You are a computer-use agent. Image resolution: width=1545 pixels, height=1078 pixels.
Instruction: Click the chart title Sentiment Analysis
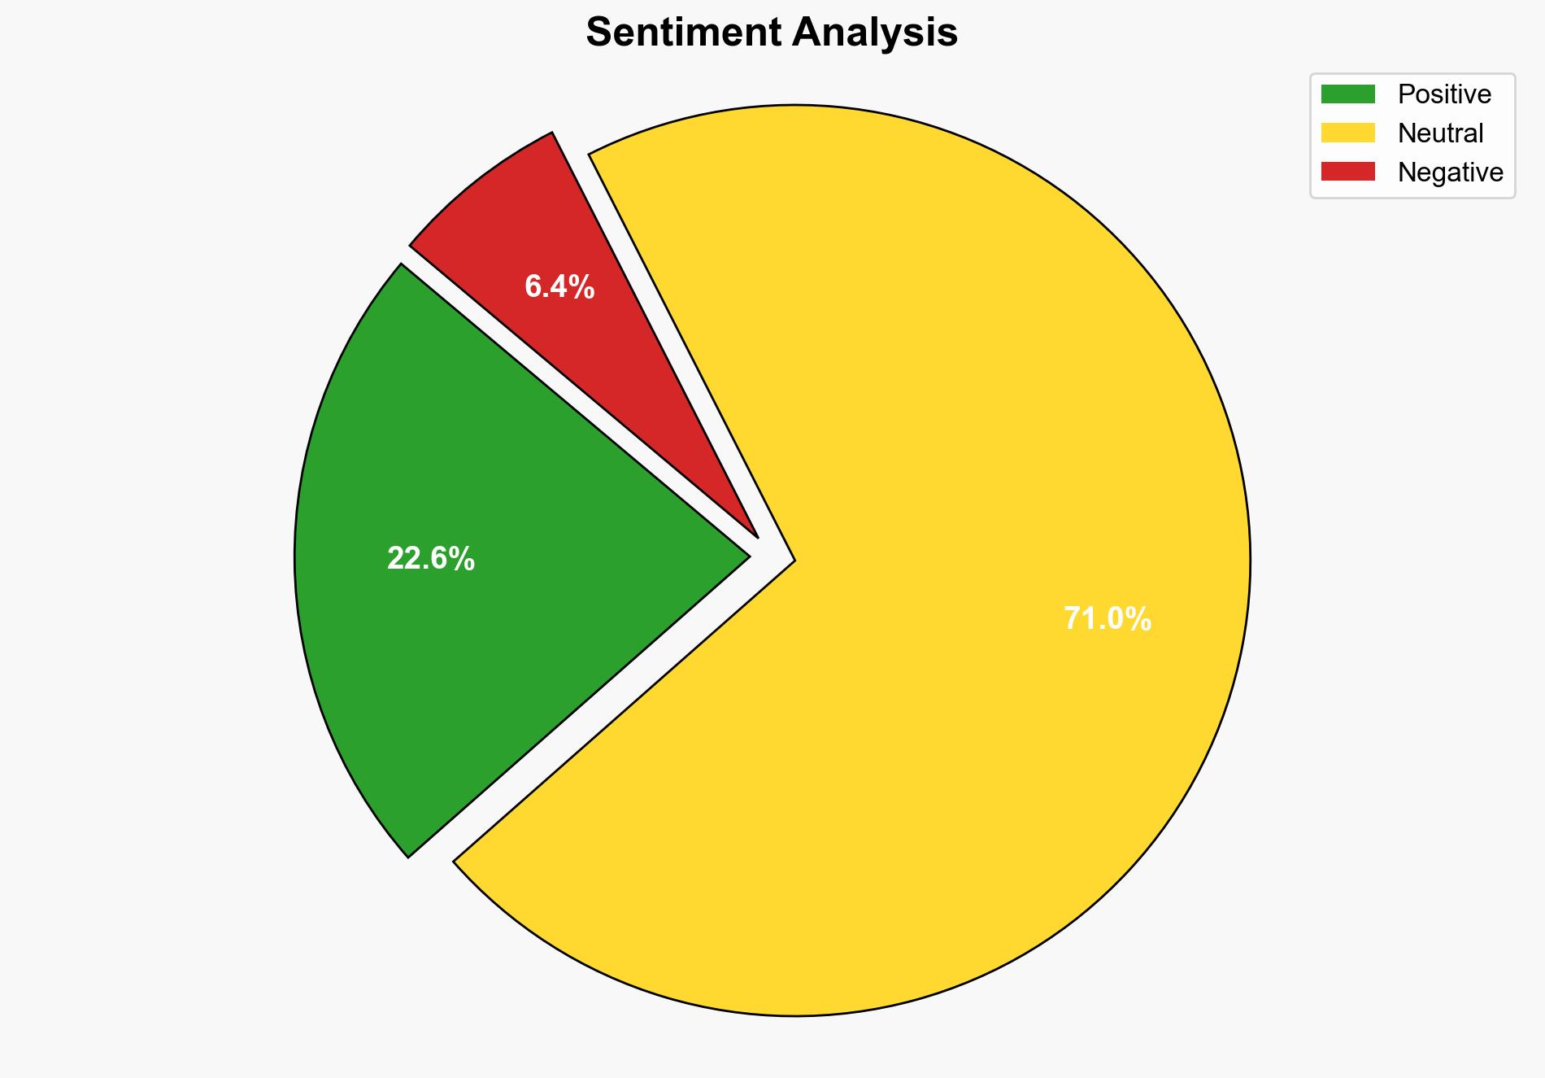tap(772, 33)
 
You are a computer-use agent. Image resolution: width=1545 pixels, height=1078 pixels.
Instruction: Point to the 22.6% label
tap(431, 559)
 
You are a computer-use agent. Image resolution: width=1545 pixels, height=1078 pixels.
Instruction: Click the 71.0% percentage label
tap(1108, 619)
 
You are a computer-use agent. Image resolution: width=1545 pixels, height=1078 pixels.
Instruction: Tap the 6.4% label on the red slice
tap(559, 286)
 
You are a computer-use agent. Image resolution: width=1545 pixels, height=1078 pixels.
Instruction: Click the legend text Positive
tap(1444, 94)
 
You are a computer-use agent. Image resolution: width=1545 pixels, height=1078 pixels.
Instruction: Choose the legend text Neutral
tap(1440, 133)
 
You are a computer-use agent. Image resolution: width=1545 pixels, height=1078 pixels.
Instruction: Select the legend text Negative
tap(1450, 172)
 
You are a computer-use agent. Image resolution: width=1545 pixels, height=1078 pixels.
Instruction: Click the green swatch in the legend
tap(1347, 94)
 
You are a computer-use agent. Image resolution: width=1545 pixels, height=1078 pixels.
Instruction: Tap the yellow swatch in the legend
tap(1347, 133)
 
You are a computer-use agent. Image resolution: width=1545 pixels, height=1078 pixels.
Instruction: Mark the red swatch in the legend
tap(1347, 172)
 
